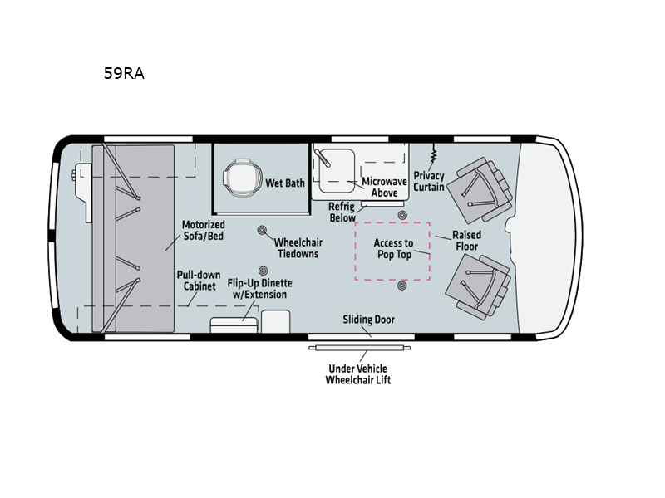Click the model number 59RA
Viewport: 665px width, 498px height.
[x=124, y=73]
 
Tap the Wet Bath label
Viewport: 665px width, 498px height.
[x=285, y=183]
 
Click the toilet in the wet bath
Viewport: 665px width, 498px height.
[x=240, y=178]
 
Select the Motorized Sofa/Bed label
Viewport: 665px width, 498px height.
[x=203, y=230]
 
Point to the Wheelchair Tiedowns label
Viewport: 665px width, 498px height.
[x=298, y=247]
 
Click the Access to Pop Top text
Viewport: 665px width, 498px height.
[x=393, y=248]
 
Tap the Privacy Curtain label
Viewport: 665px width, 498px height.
[x=429, y=181]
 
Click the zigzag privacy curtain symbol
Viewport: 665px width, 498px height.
[x=433, y=154]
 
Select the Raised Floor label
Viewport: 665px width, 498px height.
[x=466, y=241]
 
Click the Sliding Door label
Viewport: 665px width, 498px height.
[x=368, y=320]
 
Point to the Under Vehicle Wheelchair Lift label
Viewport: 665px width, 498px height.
[x=358, y=374]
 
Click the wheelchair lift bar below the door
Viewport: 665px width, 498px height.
[x=360, y=348]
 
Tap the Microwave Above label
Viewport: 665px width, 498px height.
[x=384, y=187]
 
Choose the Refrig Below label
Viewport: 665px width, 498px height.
[x=342, y=212]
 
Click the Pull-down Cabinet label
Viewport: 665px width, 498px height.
[x=199, y=281]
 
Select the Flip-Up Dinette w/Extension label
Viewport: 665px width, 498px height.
[x=259, y=288]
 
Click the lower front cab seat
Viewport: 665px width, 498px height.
[x=477, y=286]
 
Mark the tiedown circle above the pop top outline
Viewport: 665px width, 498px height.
[x=402, y=215]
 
